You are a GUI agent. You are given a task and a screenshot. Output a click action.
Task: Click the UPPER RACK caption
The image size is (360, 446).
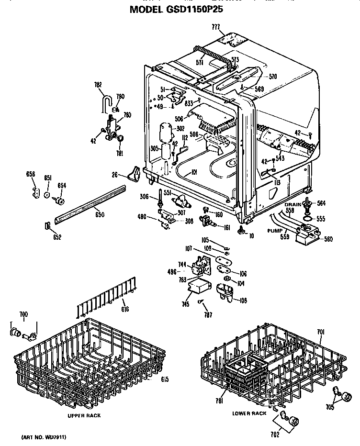[x=84, y=415]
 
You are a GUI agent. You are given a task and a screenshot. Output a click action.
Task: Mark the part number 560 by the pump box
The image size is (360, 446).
[x=328, y=239]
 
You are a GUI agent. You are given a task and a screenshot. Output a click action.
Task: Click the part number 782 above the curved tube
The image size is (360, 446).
[x=98, y=85]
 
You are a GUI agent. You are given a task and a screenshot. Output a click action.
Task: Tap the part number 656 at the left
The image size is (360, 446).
[x=31, y=174]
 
